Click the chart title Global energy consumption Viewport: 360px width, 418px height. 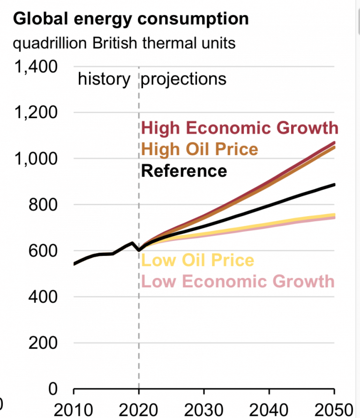(130, 19)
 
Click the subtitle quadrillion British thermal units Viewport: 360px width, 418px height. (124, 44)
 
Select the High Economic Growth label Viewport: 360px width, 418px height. (240, 127)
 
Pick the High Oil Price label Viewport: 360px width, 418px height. (200, 149)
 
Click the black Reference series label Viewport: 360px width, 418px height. (184, 171)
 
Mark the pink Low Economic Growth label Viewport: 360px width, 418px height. (238, 281)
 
